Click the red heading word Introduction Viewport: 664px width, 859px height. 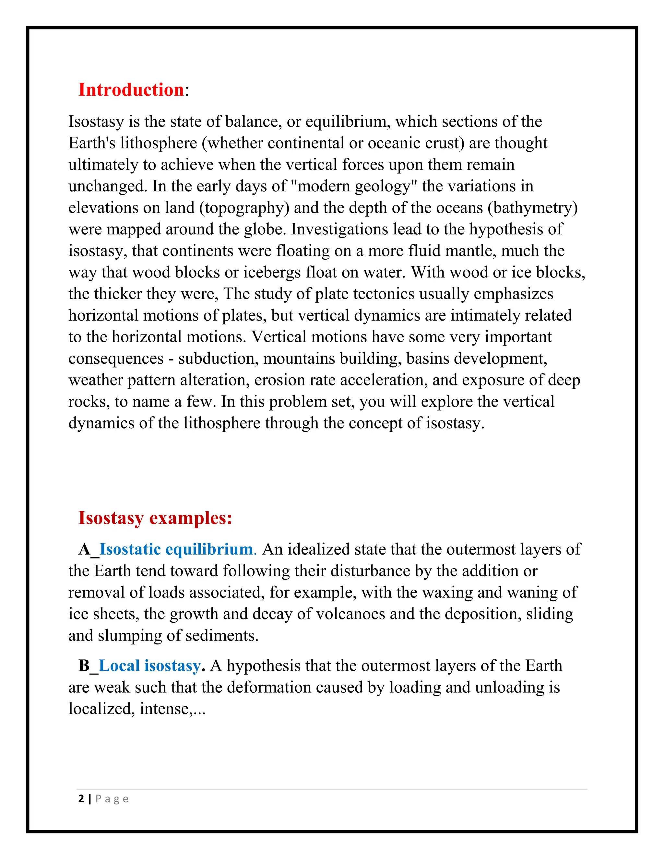pos(131,90)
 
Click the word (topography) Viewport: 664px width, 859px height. pos(244,208)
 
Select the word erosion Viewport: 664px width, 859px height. pos(274,380)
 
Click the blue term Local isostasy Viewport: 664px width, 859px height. pos(149,665)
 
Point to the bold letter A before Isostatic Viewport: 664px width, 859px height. pos(84,549)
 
